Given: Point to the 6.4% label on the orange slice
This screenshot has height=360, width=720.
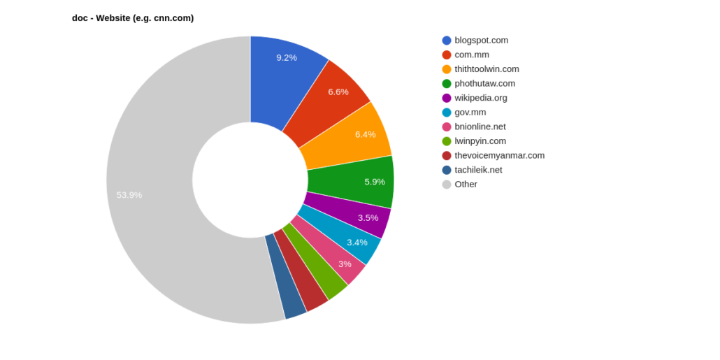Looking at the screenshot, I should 365,134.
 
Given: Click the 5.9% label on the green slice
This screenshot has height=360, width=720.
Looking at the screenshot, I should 375,182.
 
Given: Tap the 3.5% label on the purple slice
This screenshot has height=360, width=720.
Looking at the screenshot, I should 368,218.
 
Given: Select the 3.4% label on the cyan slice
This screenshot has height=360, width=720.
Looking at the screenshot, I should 357,243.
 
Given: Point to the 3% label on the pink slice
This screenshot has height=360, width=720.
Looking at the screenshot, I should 345,264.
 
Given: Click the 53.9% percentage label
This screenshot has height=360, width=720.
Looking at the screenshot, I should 129,195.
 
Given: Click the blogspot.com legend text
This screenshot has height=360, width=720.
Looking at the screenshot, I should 482,40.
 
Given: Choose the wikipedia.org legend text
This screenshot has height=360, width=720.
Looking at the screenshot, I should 481,98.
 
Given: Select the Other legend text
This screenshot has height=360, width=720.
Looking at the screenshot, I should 466,185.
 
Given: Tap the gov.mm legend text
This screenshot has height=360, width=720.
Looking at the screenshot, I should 470,112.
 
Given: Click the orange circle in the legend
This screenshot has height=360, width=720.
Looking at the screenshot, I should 447,69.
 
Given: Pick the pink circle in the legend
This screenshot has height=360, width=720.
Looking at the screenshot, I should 447,127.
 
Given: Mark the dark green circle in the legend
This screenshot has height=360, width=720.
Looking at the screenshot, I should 447,83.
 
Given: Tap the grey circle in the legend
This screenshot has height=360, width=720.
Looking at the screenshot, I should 447,185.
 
